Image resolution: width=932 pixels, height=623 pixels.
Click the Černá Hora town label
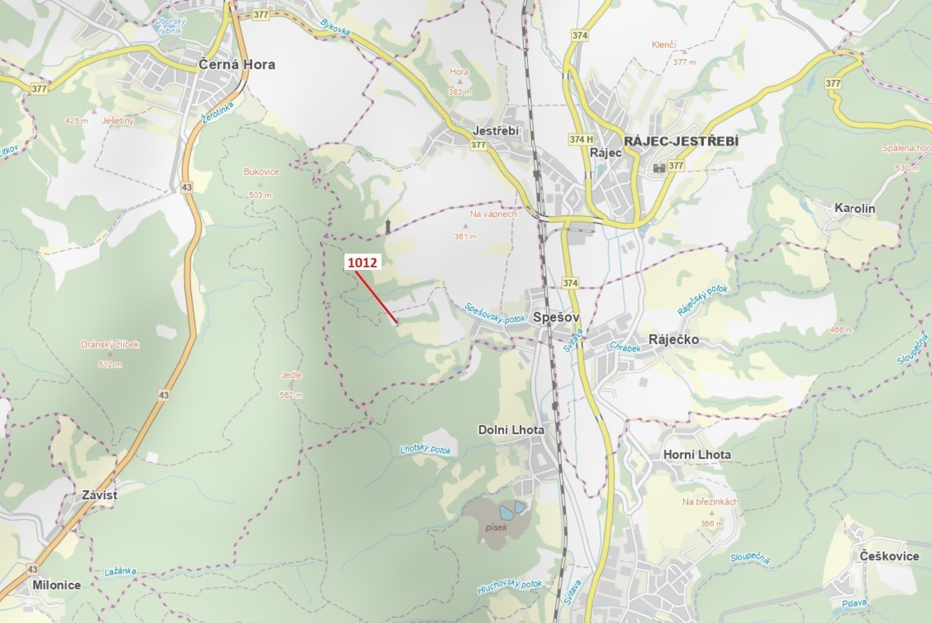pyautogui.click(x=237, y=65)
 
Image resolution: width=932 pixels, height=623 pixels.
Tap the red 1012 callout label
pyautogui.click(x=362, y=263)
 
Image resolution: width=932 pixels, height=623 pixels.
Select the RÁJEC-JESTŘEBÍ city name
pyautogui.click(x=681, y=141)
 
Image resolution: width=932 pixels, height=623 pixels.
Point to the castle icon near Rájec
pyautogui.click(x=659, y=167)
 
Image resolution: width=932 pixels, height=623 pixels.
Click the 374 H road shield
pyautogui.click(x=581, y=140)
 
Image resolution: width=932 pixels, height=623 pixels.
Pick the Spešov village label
pyautogui.click(x=556, y=317)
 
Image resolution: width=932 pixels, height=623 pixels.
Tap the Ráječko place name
pyautogui.click(x=673, y=339)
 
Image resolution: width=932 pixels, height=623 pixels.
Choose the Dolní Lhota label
pyautogui.click(x=511, y=430)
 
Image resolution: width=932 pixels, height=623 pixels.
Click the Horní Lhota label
pyautogui.click(x=697, y=454)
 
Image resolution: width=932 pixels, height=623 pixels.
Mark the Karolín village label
pyautogui.click(x=854, y=208)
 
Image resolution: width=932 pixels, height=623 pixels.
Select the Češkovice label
pyautogui.click(x=889, y=556)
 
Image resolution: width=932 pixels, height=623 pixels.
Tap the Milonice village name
pyautogui.click(x=57, y=585)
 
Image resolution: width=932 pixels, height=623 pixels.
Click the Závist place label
pyautogui.click(x=100, y=495)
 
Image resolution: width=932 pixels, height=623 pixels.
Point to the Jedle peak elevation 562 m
pyautogui.click(x=291, y=395)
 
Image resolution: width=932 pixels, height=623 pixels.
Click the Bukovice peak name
pyautogui.click(x=261, y=172)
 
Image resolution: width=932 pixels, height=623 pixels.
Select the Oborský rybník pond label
pyautogui.click(x=170, y=26)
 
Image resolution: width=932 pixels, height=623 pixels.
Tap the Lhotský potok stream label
pyautogui.click(x=425, y=449)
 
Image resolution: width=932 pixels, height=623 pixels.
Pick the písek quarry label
pyautogui.click(x=496, y=527)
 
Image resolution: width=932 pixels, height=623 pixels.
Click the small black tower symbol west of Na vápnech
pyautogui.click(x=388, y=226)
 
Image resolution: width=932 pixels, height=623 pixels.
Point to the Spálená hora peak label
pyautogui.click(x=906, y=148)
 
